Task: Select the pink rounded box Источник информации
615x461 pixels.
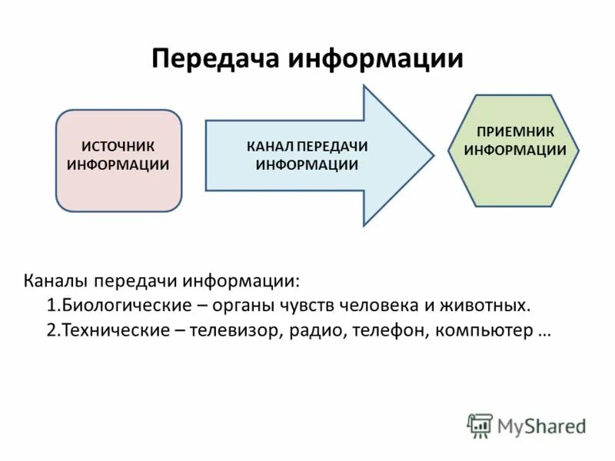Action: [118, 160]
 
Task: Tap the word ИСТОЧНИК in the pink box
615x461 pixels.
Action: [118, 147]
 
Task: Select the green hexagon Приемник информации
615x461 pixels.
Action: [514, 151]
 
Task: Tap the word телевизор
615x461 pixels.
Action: [238, 330]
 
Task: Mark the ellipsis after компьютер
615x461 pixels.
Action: [545, 332]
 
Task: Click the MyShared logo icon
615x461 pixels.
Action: [480, 425]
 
